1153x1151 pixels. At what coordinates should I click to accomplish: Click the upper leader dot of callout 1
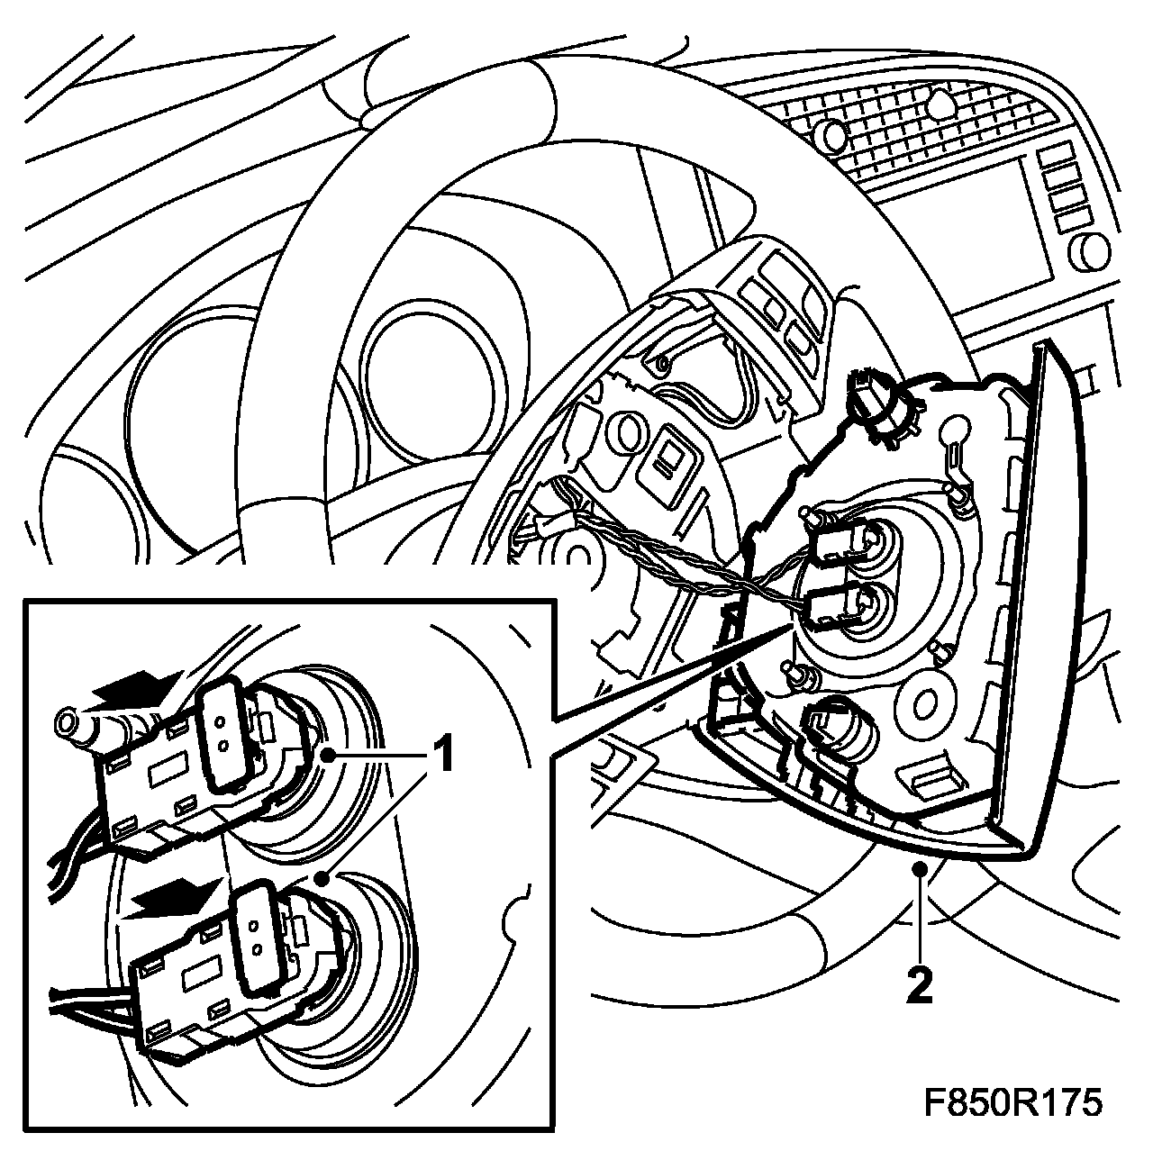[327, 756]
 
